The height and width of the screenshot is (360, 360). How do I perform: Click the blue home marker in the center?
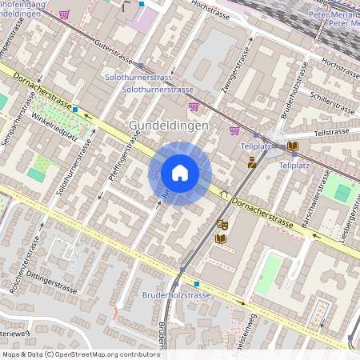180,173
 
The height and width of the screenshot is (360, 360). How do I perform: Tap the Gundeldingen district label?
169,126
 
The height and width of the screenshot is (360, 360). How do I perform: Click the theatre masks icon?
222,226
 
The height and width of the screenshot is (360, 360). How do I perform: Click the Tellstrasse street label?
333,132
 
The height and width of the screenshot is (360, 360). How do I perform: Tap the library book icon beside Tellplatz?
293,146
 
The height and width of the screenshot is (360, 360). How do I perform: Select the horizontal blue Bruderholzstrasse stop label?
178,295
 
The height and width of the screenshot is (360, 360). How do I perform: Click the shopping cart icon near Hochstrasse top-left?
64,14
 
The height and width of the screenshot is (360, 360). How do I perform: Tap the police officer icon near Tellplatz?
252,162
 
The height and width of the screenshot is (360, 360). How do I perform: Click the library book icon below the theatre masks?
222,238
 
